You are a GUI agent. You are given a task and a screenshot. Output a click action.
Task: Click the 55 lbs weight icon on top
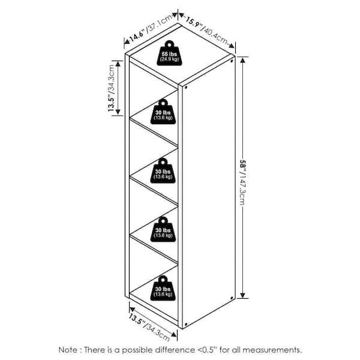(169, 53)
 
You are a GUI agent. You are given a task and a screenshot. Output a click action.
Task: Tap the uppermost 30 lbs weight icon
(163, 112)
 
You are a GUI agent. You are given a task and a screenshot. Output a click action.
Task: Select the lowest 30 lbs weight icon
(163, 289)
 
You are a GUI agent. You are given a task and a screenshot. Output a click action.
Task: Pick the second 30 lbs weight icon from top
(163, 170)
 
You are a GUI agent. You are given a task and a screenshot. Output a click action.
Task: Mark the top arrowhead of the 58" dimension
(242, 59)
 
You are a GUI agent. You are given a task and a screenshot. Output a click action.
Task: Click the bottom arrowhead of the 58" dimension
(242, 295)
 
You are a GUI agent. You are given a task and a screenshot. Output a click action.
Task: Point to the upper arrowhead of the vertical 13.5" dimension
(118, 64)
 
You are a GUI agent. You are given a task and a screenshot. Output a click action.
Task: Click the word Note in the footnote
(68, 350)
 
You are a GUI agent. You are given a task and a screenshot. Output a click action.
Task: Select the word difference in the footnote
(175, 350)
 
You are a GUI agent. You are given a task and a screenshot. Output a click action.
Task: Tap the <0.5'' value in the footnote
(207, 350)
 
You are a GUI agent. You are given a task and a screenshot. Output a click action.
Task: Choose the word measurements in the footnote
(272, 350)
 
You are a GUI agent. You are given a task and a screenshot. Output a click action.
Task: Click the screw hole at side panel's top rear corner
(232, 61)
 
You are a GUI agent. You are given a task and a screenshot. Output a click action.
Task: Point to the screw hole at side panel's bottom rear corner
(232, 298)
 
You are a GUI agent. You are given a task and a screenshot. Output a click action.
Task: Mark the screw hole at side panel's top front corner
(185, 88)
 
